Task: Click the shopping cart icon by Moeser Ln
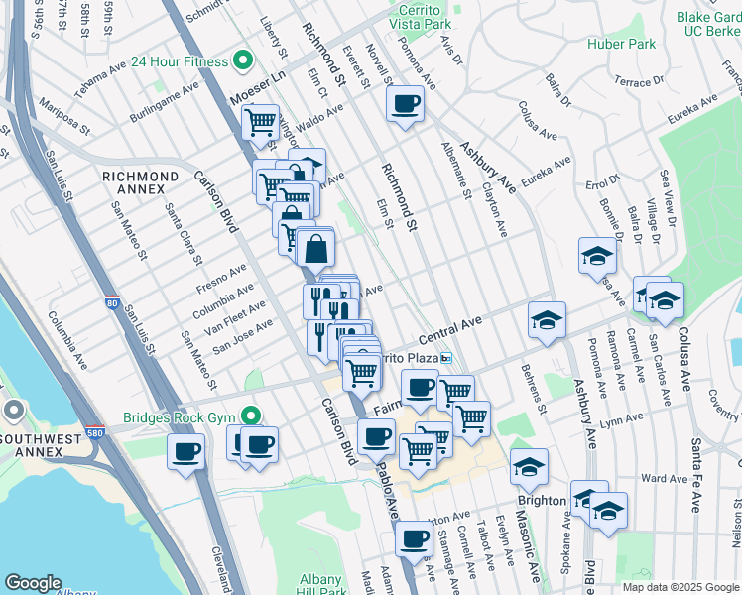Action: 260,123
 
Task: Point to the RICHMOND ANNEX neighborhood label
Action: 141,177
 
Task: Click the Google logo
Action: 33,583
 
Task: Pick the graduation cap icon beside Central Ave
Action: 546,320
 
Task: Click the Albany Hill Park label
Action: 319,586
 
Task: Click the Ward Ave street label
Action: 664,478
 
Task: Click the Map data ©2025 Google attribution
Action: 680,587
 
